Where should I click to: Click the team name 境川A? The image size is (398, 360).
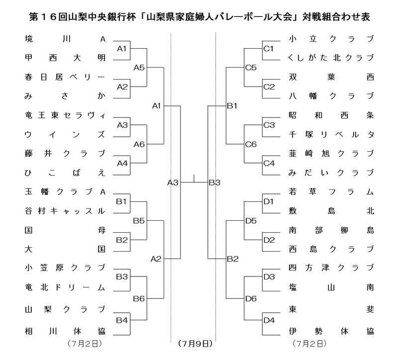click(65, 39)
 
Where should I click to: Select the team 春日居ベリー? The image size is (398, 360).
click(65, 77)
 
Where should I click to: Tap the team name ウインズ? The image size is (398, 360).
click(65, 134)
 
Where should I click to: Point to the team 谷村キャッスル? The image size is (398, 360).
click(65, 211)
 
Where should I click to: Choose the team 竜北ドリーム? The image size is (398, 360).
click(65, 287)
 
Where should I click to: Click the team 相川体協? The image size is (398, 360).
click(65, 330)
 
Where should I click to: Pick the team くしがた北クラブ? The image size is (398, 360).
click(331, 58)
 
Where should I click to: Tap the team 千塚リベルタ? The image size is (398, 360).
click(331, 134)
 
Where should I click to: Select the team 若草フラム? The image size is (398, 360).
click(331, 192)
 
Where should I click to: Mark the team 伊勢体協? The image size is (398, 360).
click(331, 330)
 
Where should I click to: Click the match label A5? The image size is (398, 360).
click(139, 68)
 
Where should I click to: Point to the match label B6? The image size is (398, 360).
click(139, 298)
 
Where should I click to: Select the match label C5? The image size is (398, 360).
click(251, 68)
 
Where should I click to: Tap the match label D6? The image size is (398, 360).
click(251, 298)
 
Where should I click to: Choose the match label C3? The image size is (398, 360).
click(269, 125)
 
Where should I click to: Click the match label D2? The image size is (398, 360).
click(269, 240)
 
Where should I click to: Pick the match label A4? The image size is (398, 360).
click(122, 163)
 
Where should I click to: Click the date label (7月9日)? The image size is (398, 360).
click(195, 343)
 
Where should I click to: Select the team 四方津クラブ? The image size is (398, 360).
click(331, 269)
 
